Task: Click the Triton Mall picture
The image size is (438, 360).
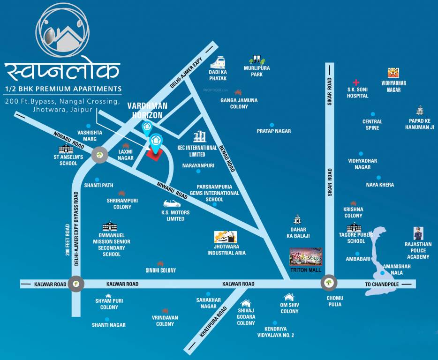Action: (x=306, y=257)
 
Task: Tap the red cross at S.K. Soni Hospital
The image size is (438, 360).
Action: (x=356, y=82)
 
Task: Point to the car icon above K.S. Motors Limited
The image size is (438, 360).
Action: (x=172, y=204)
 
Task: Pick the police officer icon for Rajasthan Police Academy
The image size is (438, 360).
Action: (x=417, y=233)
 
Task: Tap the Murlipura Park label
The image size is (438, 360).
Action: (x=257, y=71)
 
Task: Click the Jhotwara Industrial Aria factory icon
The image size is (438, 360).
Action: (x=226, y=237)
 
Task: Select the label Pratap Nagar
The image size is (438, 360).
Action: (x=274, y=131)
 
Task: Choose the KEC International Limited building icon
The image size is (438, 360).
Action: (x=200, y=136)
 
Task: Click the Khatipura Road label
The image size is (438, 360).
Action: (x=213, y=322)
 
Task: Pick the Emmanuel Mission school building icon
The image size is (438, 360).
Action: (x=111, y=226)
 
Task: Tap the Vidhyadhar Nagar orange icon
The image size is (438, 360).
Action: (x=393, y=73)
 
